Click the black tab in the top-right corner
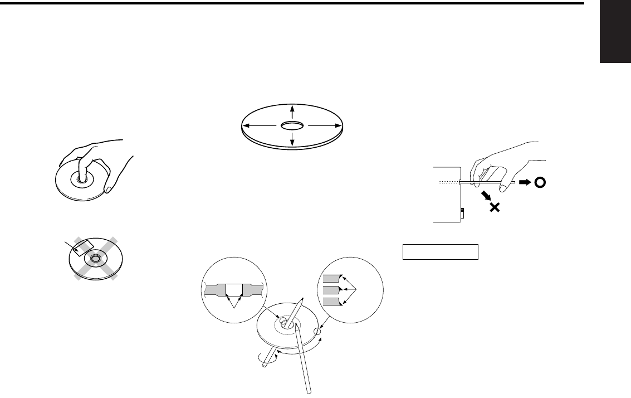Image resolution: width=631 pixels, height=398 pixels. (615, 32)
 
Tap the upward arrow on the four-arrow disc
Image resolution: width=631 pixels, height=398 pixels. (292, 111)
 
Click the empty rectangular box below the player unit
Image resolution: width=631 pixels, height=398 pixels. (440, 252)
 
